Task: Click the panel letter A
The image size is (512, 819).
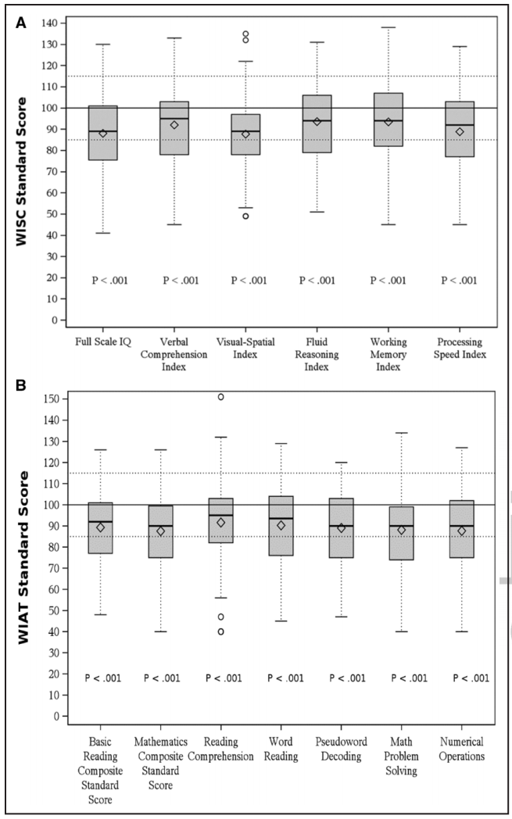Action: [x=21, y=23]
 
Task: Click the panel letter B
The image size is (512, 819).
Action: [x=21, y=385]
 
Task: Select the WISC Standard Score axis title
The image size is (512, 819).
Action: [x=21, y=171]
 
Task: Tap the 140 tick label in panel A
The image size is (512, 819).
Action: [x=53, y=23]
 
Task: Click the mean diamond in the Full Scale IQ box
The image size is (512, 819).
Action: [x=103, y=133]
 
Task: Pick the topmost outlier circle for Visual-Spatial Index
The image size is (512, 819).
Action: [x=245, y=34]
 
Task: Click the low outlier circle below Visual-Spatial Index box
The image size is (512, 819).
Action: [x=245, y=216]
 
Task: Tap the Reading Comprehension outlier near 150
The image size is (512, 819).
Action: [x=221, y=397]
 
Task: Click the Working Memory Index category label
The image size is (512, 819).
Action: [x=388, y=354]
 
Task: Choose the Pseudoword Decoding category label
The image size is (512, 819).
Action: [x=341, y=749]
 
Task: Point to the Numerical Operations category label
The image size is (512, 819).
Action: [x=462, y=749]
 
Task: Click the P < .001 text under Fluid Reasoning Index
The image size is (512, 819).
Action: [x=317, y=281]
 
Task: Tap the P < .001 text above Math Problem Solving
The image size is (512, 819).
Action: [x=410, y=678]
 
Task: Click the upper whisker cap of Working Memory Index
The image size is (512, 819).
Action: [x=388, y=27]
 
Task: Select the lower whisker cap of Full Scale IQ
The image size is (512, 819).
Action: [x=103, y=233]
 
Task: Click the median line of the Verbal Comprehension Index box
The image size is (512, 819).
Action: [x=174, y=119]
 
